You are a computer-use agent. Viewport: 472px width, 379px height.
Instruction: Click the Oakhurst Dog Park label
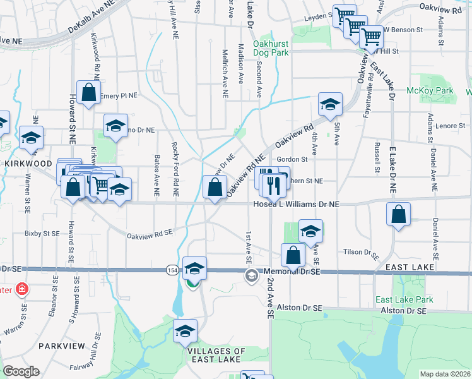(271, 48)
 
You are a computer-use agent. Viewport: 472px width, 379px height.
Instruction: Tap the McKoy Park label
(439, 91)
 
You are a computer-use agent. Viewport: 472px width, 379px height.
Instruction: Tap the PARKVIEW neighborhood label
(57, 346)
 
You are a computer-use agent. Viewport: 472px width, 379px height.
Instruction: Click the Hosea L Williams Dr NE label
(295, 204)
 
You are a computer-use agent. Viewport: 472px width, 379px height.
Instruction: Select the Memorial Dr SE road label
(290, 270)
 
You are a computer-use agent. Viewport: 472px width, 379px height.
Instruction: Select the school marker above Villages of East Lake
(185, 331)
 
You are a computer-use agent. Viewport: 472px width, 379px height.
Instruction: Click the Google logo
(21, 371)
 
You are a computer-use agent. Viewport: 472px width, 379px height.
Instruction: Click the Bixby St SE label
(42, 233)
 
